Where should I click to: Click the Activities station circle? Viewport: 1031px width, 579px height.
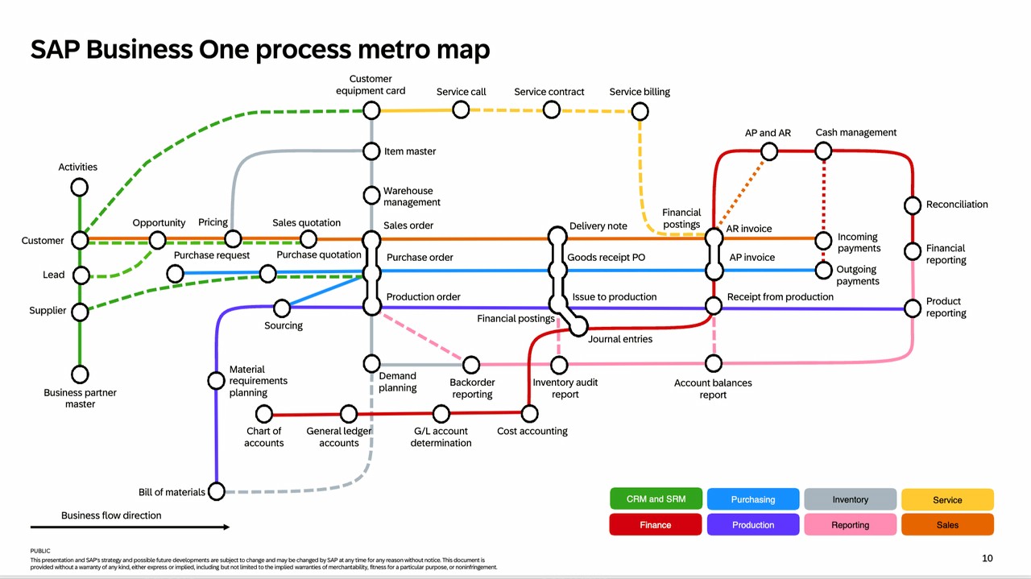[x=79, y=187]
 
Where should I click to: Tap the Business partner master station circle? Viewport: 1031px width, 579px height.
[x=79, y=374]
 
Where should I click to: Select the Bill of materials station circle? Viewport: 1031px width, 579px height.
[x=217, y=491]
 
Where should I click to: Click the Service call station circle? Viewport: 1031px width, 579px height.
[x=461, y=110]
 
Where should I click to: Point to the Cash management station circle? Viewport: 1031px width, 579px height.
[x=823, y=151]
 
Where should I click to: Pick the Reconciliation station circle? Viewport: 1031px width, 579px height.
[x=913, y=205]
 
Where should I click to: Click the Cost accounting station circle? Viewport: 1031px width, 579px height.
[x=529, y=414]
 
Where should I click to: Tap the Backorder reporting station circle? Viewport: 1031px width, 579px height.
[x=471, y=365]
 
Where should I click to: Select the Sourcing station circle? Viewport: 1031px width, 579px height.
[x=282, y=308]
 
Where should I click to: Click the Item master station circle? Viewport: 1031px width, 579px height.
[x=371, y=151]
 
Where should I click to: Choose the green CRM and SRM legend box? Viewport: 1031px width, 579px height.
[x=656, y=499]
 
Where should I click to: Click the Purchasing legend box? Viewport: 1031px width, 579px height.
[x=753, y=499]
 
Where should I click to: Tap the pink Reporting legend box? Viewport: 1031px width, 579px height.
[x=850, y=525]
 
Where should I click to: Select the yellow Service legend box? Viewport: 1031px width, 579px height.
[x=947, y=499]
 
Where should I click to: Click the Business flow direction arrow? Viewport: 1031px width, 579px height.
[x=130, y=527]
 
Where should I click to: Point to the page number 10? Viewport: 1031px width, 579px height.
[x=988, y=558]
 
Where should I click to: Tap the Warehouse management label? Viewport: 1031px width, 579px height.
[x=412, y=196]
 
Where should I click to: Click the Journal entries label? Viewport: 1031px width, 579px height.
[x=620, y=339]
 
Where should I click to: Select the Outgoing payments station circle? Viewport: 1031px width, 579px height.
[x=823, y=271]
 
